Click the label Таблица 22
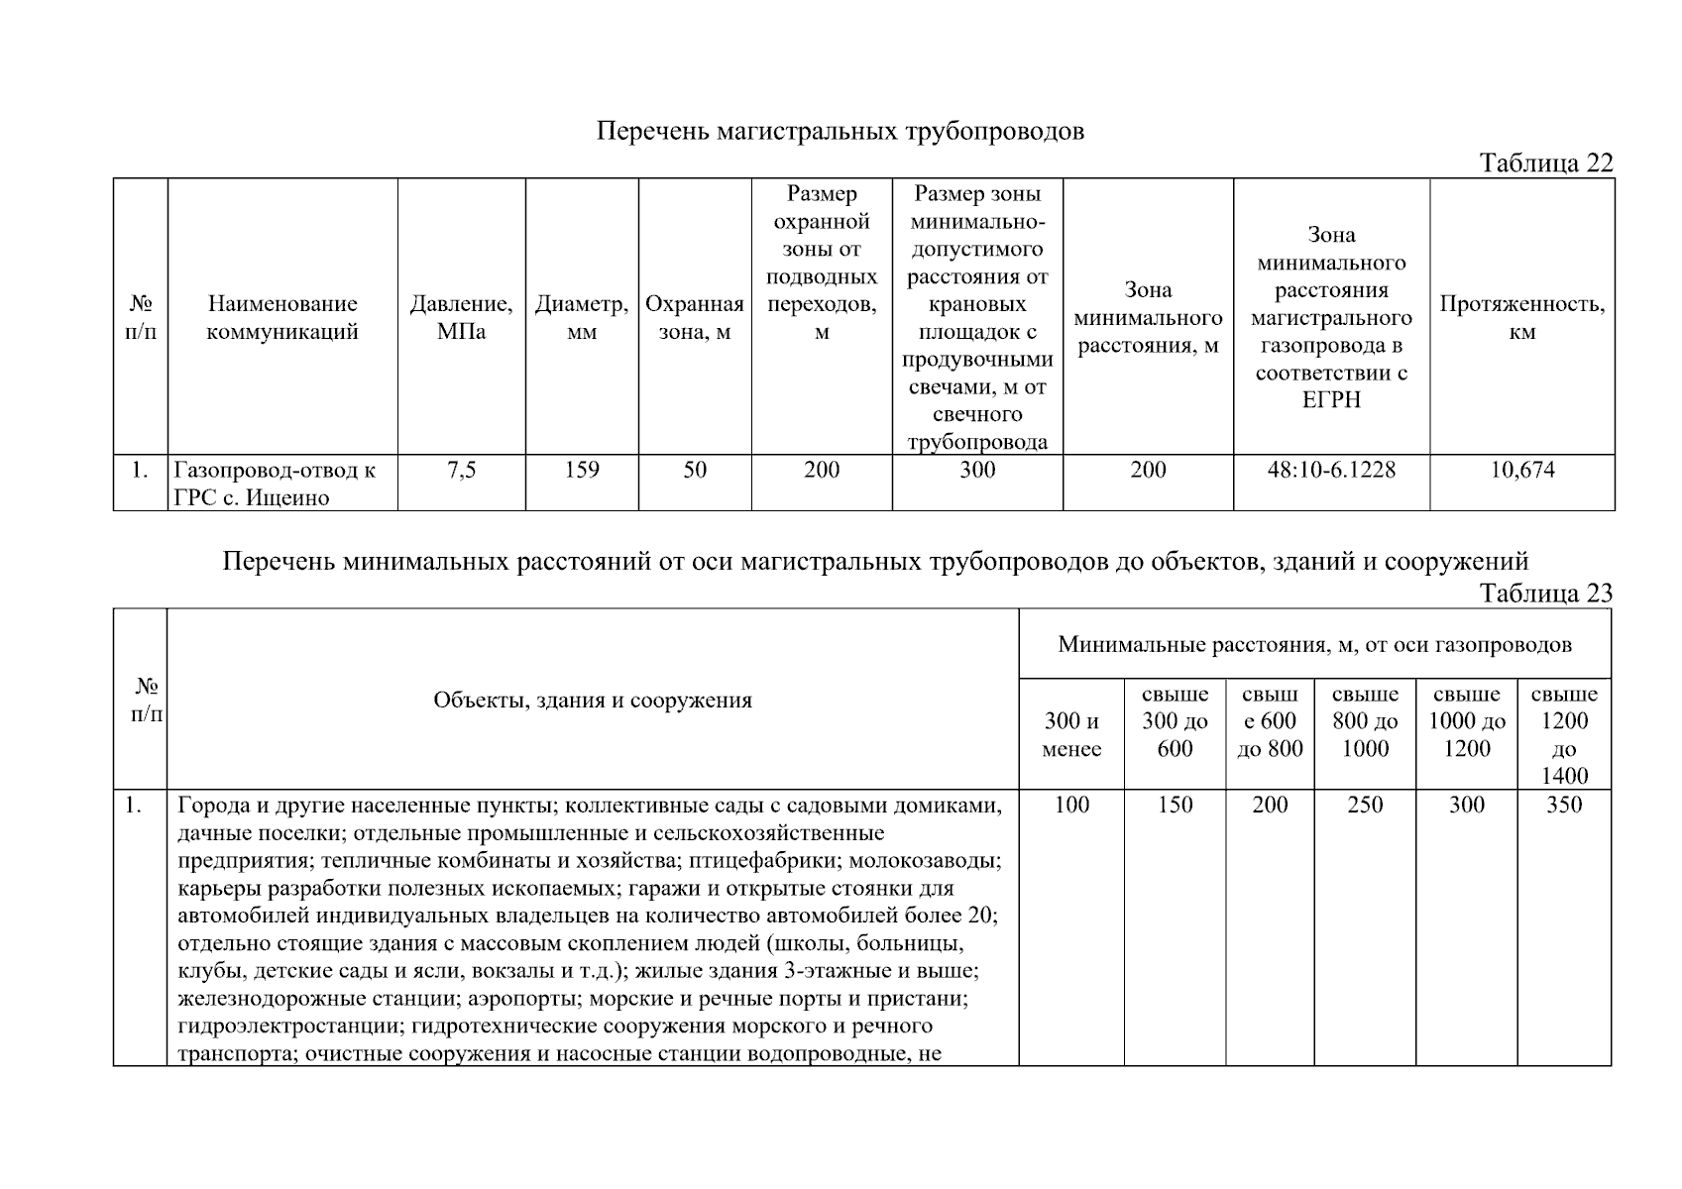coord(1545,163)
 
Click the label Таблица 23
coord(1545,594)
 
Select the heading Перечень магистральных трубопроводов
coord(840,132)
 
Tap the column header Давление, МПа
coord(461,318)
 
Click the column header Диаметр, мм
coord(582,318)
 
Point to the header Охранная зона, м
coord(695,318)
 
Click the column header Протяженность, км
coord(1521,318)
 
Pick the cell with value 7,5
coord(461,470)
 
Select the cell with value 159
coord(582,470)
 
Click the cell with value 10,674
coord(1521,470)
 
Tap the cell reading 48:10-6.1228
coord(1331,470)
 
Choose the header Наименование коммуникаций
coord(282,318)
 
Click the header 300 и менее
coord(1071,735)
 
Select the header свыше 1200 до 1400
coord(1563,735)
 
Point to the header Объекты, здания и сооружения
coord(593,701)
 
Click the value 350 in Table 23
coord(1563,805)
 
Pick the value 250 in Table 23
coord(1365,805)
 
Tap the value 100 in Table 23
coord(1071,805)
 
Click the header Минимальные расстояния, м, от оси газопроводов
coord(1314,645)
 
